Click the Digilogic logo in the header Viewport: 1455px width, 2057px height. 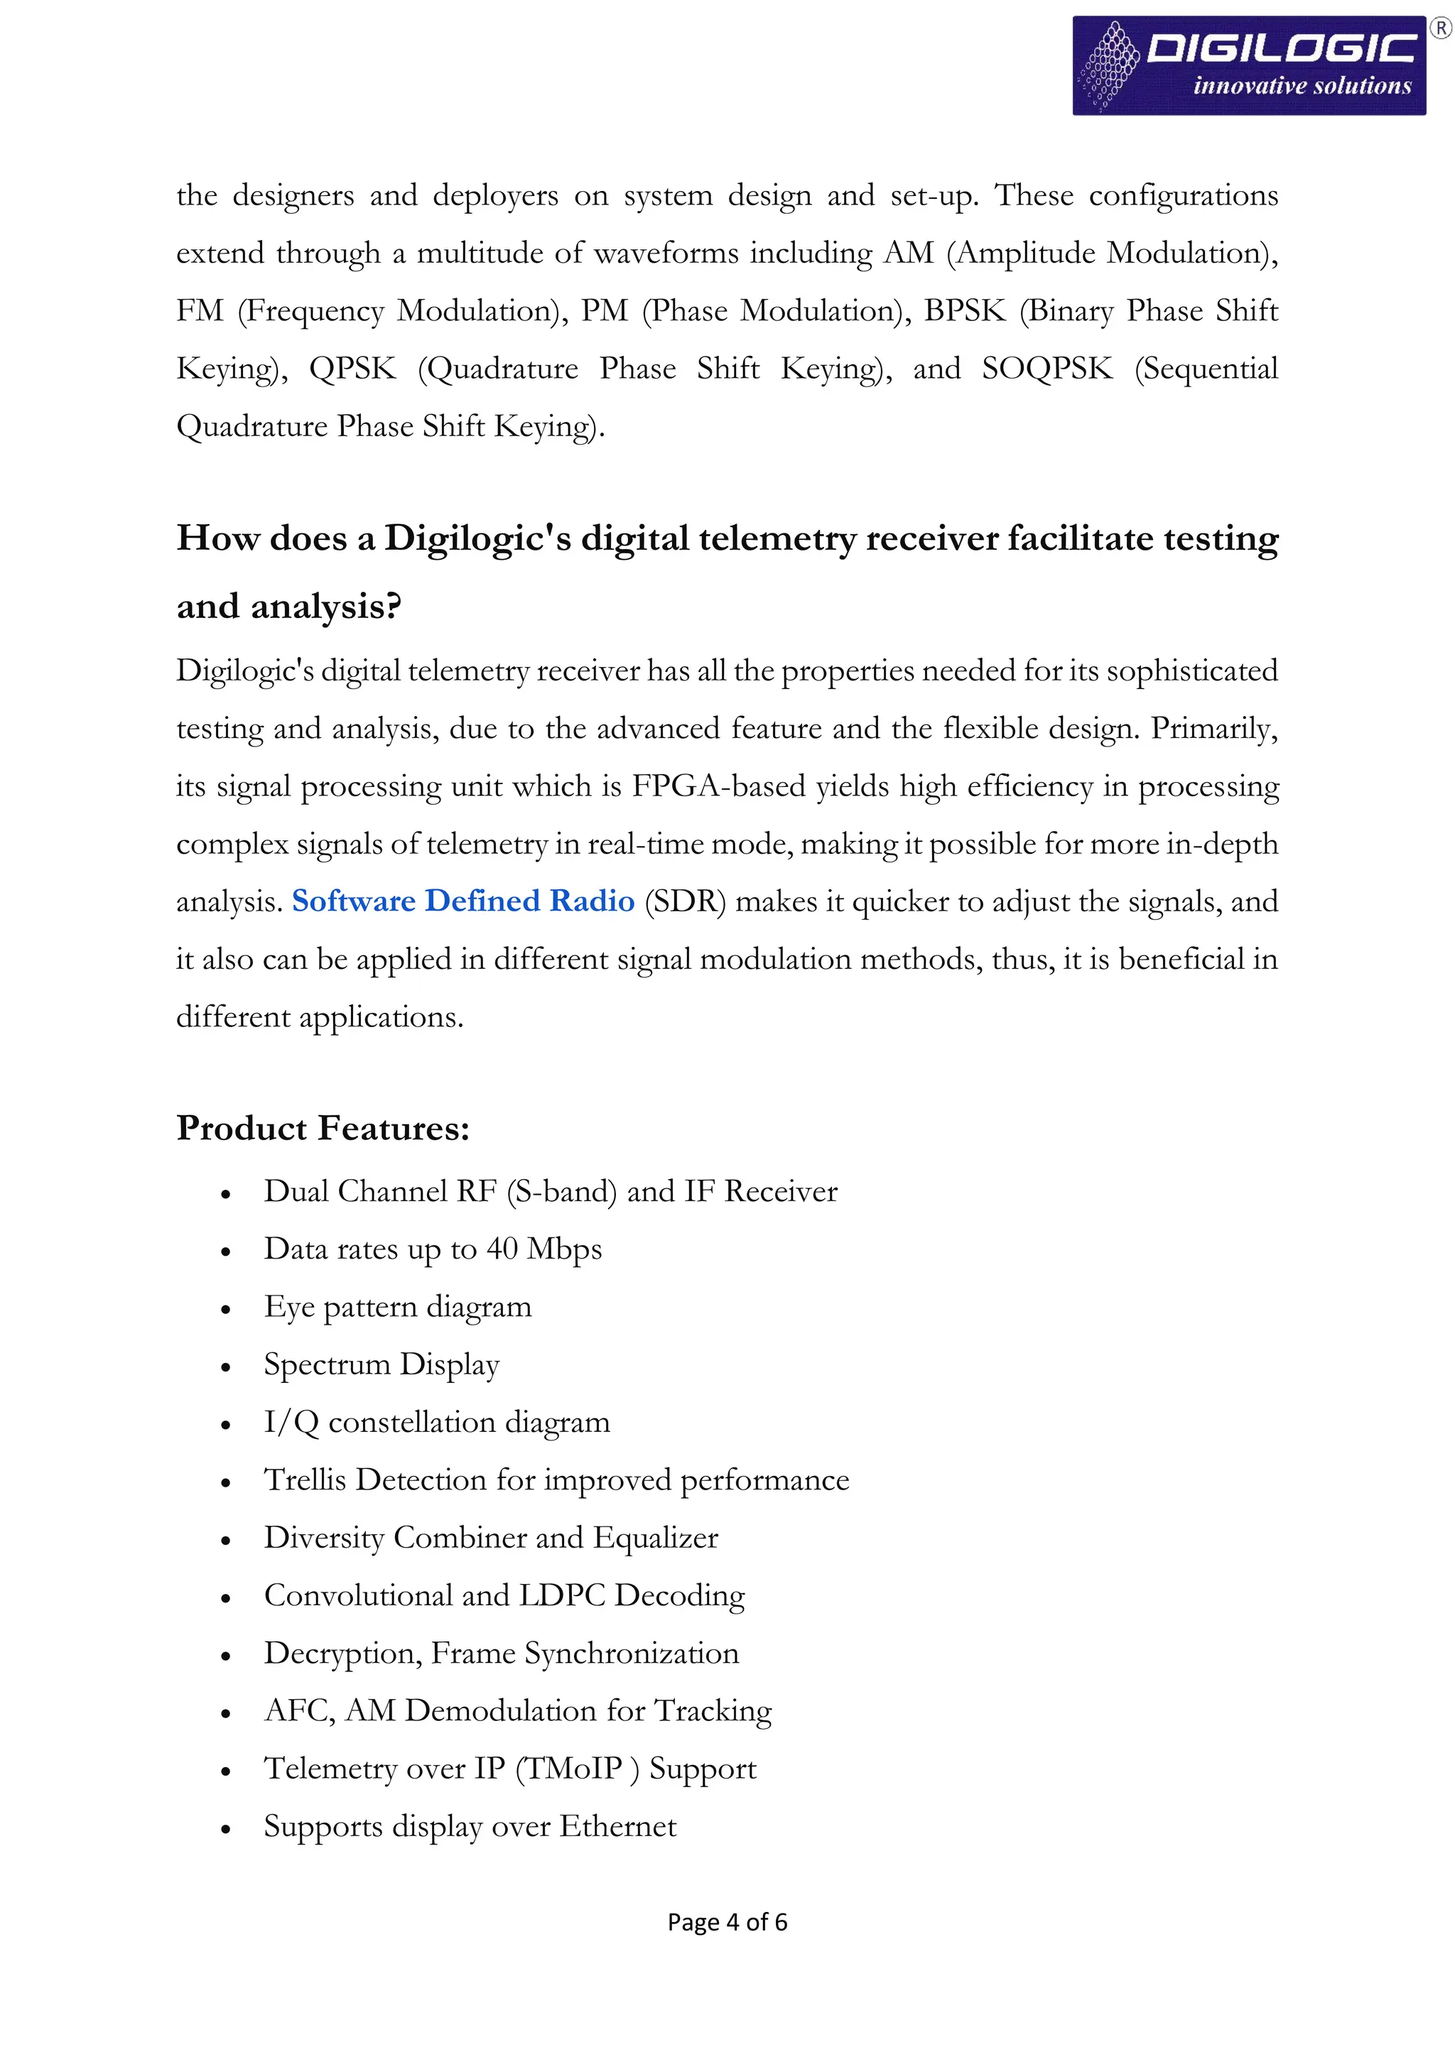click(1248, 65)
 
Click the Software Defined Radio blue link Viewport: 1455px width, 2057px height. click(463, 901)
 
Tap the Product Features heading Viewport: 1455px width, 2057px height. click(323, 1128)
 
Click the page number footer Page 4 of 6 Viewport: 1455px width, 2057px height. click(727, 1922)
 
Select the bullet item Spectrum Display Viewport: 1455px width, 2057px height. click(381, 1364)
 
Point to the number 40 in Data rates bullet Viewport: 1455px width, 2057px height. click(502, 1249)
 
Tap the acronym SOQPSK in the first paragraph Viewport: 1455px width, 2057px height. click(1046, 368)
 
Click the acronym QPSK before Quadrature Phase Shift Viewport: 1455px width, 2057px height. click(352, 368)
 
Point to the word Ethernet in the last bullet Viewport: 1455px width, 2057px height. click(618, 1826)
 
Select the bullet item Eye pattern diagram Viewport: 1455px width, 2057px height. click(397, 1307)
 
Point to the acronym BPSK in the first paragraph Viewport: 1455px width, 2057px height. click(964, 311)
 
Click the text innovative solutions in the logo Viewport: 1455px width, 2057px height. click(1302, 86)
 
